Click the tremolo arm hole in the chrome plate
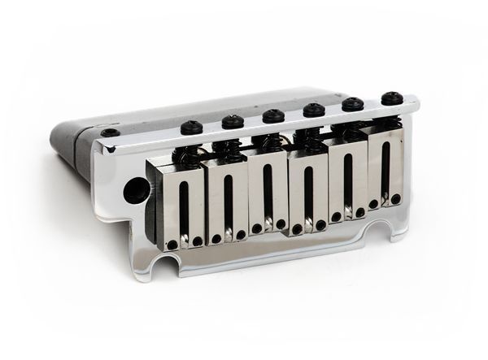click(x=131, y=193)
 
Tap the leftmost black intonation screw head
click(x=192, y=128)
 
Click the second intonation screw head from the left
click(x=233, y=122)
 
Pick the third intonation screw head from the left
click(x=273, y=115)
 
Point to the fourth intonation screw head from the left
click(x=314, y=110)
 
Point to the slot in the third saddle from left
click(x=268, y=195)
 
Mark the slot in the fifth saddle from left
click(x=346, y=182)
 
